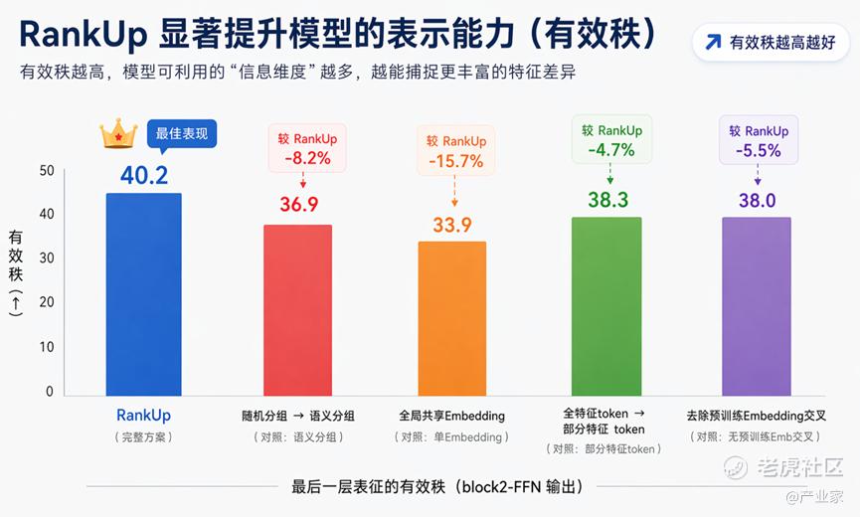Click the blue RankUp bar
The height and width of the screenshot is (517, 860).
click(x=144, y=294)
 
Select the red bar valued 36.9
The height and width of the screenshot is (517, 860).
click(x=298, y=310)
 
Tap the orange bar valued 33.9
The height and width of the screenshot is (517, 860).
click(x=452, y=318)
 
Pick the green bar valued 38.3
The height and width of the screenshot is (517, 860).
click(x=606, y=306)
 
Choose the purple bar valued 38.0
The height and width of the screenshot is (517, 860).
click(x=757, y=306)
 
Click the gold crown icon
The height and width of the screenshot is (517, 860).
click(x=118, y=133)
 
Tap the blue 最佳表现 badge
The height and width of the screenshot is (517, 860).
click(x=182, y=134)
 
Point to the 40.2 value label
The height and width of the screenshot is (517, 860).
click(x=144, y=175)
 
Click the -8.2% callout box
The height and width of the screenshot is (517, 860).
click(x=307, y=148)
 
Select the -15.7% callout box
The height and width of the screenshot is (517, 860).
click(x=455, y=150)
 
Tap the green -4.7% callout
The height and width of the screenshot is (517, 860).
click(x=611, y=139)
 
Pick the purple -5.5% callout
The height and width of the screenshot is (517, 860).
click(x=759, y=140)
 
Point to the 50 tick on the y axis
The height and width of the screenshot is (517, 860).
click(x=47, y=170)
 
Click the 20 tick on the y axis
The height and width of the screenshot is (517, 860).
click(x=47, y=302)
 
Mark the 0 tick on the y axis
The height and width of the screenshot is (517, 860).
click(x=50, y=391)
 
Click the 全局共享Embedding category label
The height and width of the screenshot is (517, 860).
click(x=452, y=416)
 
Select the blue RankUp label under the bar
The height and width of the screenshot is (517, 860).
click(x=144, y=416)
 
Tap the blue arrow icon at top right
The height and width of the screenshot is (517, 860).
click(x=713, y=42)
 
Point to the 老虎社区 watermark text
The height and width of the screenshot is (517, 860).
click(x=800, y=467)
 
